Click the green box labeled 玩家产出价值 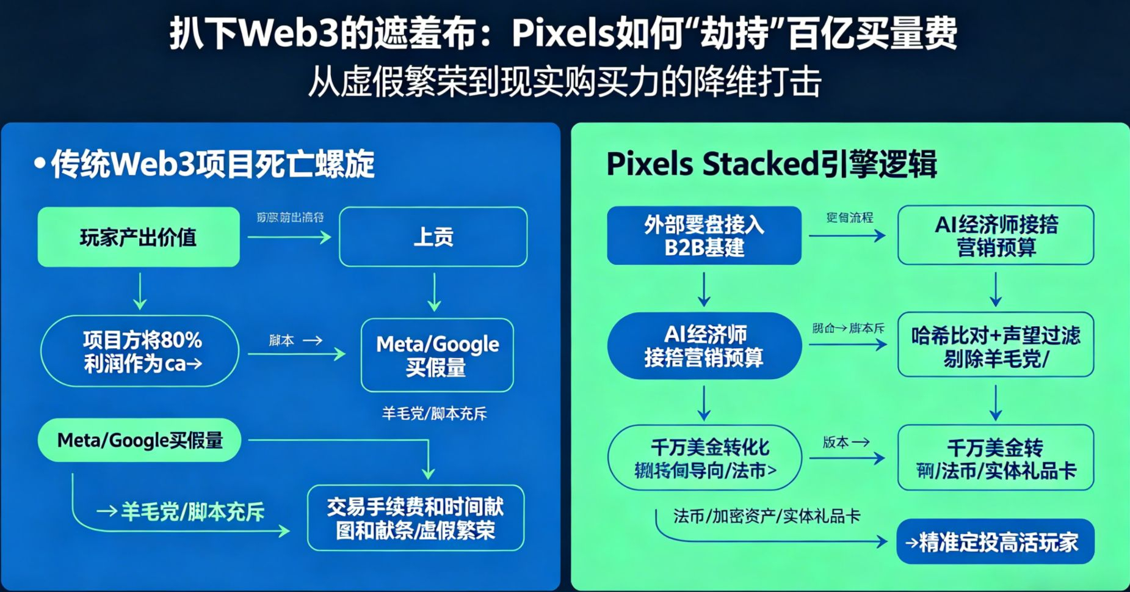pos(139,237)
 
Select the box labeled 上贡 pos(433,237)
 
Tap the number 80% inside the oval pos(182,340)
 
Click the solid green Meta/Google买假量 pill pos(140,440)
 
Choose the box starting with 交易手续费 pos(415,518)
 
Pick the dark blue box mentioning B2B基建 pos(704,236)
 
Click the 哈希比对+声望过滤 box pos(995,346)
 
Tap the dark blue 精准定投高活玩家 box pos(995,542)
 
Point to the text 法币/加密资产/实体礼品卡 pos(767,516)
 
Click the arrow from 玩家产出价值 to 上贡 pos(289,237)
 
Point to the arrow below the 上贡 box pos(434,292)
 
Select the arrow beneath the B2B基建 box pos(704,289)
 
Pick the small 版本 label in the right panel pos(836,442)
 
